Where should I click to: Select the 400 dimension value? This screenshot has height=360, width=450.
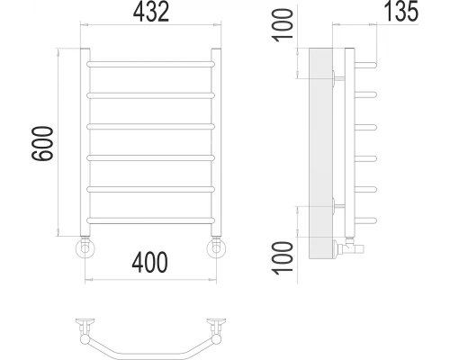pyautogui.click(x=149, y=264)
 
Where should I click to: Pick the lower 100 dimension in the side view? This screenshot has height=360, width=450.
pyautogui.click(x=283, y=253)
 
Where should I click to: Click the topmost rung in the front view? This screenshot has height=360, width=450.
pyautogui.click(x=150, y=63)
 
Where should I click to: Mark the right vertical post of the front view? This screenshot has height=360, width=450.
pyautogui.click(x=215, y=144)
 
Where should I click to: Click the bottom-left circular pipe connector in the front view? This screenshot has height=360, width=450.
pyautogui.click(x=85, y=247)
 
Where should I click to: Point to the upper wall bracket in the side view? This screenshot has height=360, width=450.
pyautogui.click(x=336, y=77)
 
